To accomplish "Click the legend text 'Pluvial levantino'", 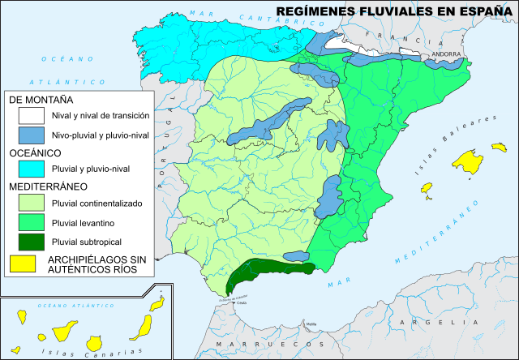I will tap(86, 222).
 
